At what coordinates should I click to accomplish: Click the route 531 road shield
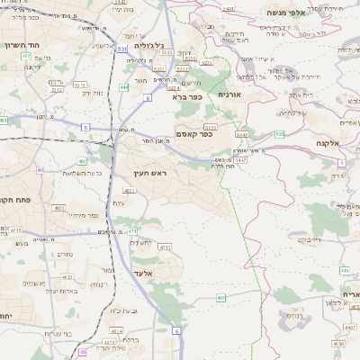click(x=121, y=49)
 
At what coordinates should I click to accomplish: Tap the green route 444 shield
click(x=123, y=87)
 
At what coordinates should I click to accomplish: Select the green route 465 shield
click(x=221, y=297)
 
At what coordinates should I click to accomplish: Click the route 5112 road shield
click(x=56, y=89)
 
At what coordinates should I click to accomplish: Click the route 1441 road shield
click(x=228, y=8)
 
